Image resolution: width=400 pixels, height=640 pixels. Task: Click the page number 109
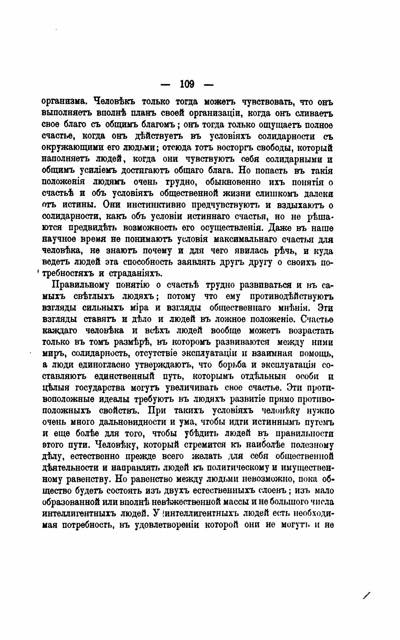tap(187, 84)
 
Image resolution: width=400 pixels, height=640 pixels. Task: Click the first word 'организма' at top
tap(64, 102)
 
